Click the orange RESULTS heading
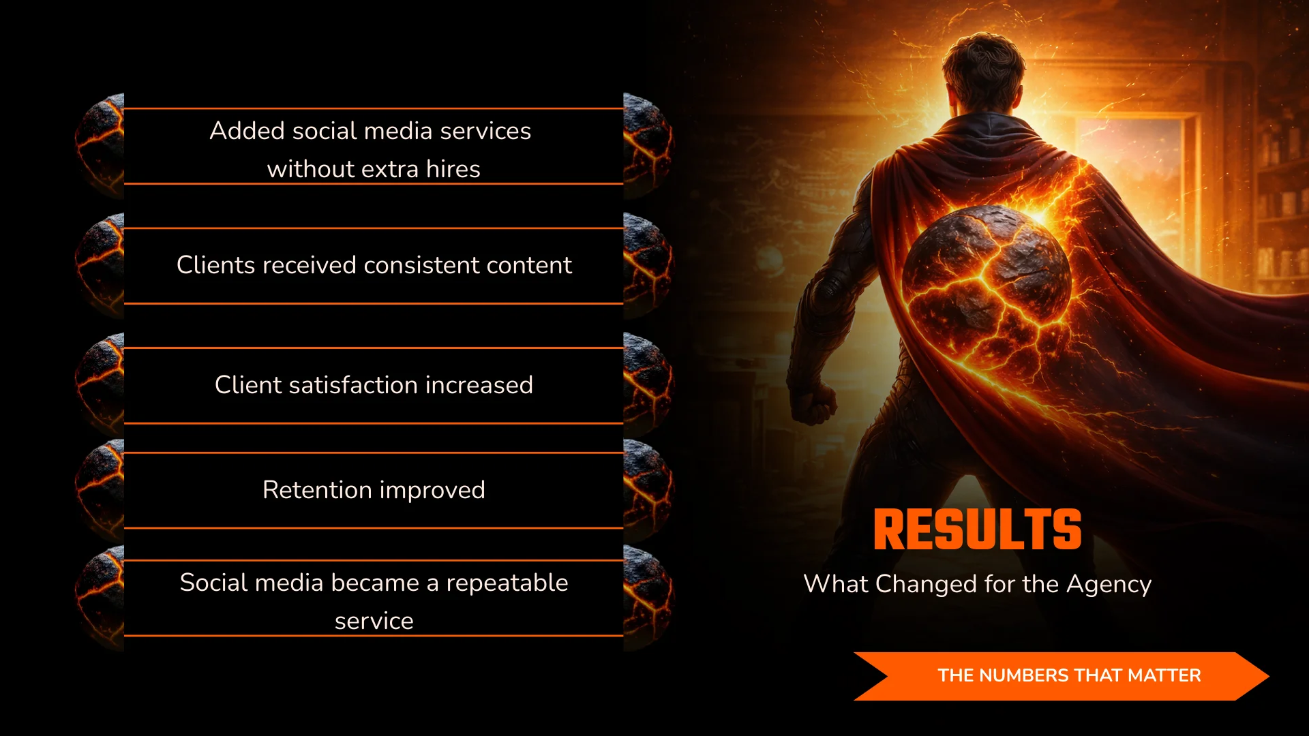[x=977, y=530]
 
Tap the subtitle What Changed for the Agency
[x=977, y=584]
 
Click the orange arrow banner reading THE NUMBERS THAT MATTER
[x=1061, y=675]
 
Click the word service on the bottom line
[x=374, y=622]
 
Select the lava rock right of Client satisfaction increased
[x=647, y=385]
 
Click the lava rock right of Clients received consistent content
[x=647, y=265]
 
